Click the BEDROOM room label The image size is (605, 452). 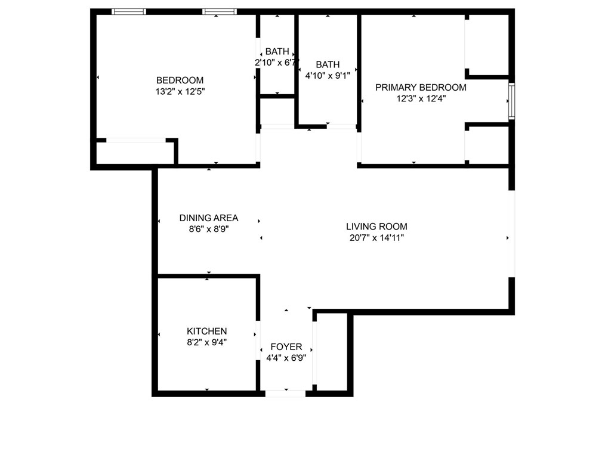click(180, 81)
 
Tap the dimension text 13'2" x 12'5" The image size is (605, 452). click(180, 92)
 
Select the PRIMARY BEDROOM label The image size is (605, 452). click(421, 88)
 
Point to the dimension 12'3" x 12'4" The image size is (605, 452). click(421, 99)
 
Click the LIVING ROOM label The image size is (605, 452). click(376, 227)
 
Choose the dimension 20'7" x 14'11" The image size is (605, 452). click(376, 238)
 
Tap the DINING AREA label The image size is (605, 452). click(209, 218)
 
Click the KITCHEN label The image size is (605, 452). click(206, 332)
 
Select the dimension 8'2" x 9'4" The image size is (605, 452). click(206, 343)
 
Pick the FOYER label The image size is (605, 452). click(286, 347)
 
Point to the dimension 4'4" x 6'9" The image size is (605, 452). click(286, 358)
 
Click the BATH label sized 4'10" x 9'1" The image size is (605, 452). click(328, 64)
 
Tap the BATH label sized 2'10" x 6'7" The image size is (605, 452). click(277, 52)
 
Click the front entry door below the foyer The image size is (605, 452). click(286, 393)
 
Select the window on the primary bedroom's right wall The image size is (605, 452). click(511, 102)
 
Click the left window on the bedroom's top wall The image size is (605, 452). click(129, 11)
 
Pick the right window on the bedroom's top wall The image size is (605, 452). click(220, 11)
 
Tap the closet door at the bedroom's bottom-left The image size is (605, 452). click(135, 141)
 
